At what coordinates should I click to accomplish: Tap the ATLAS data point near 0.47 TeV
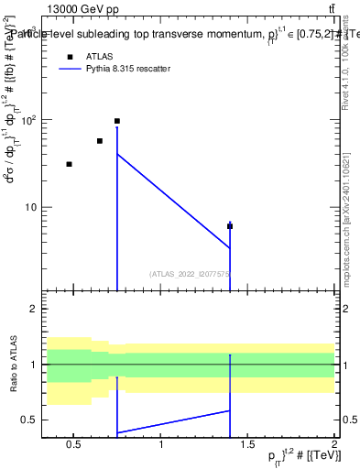click(69, 164)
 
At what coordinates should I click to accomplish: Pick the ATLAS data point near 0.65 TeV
click(100, 141)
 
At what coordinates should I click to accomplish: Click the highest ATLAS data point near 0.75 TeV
click(117, 121)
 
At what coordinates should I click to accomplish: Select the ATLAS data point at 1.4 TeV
click(230, 226)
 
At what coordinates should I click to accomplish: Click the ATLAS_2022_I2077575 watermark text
click(190, 273)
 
